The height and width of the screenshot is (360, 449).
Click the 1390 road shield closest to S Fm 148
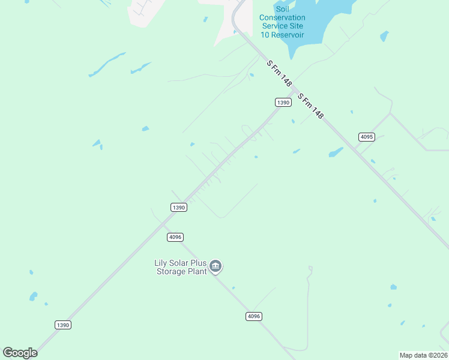pyautogui.click(x=283, y=103)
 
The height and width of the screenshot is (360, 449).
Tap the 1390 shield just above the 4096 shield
pyautogui.click(x=178, y=208)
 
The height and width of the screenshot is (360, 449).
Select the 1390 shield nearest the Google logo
pyautogui.click(x=63, y=325)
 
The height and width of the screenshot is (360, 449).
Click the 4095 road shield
pyautogui.click(x=367, y=137)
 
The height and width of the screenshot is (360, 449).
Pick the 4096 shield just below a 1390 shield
pyautogui.click(x=175, y=237)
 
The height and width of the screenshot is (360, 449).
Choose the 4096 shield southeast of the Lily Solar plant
pyautogui.click(x=254, y=316)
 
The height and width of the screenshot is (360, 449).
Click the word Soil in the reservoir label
pyautogui.click(x=282, y=9)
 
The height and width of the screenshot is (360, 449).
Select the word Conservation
pyautogui.click(x=282, y=17)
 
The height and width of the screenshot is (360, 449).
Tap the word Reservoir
pyautogui.click(x=288, y=35)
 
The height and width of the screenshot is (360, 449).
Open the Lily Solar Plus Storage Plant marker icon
pyautogui.click(x=215, y=266)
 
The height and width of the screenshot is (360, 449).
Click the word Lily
pyautogui.click(x=161, y=263)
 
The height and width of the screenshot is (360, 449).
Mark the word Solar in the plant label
pyautogui.click(x=180, y=263)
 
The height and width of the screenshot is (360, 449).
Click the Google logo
pyautogui.click(x=20, y=353)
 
